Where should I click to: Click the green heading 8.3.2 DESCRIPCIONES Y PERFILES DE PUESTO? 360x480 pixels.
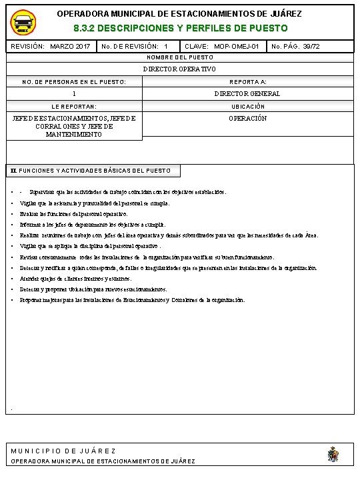180,29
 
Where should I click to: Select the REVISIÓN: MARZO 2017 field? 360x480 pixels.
51,47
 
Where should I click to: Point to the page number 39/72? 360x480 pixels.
295,47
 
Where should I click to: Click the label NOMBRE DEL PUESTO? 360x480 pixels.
180,58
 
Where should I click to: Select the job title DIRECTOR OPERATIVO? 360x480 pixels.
180,69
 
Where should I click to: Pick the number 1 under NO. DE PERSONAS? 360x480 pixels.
74,94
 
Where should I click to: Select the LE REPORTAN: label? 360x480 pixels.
74,106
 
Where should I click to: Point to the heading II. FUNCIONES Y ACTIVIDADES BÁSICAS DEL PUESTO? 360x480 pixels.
91,171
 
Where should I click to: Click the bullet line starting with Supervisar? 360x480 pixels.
127,191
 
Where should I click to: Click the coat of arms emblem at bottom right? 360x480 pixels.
333,455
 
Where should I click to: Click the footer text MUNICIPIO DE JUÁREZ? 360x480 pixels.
63,451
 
